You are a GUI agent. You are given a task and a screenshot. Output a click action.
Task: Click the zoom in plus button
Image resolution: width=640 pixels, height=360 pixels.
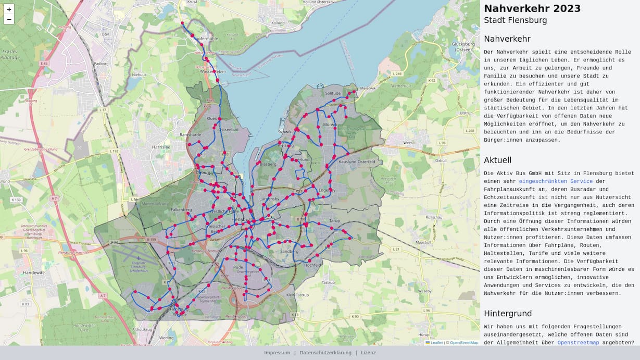(x=9, y=9)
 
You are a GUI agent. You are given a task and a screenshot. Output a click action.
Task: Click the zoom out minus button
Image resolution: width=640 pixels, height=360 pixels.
(x=9, y=20)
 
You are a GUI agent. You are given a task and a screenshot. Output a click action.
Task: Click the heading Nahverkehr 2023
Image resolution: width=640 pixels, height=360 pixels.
(x=532, y=9)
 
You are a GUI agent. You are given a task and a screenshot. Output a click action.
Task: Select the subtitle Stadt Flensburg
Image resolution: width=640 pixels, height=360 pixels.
(x=515, y=20)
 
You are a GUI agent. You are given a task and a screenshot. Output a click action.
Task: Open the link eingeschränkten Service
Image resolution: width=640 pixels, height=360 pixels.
(x=556, y=181)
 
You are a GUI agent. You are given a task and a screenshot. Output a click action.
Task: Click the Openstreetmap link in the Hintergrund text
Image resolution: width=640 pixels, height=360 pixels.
(x=578, y=343)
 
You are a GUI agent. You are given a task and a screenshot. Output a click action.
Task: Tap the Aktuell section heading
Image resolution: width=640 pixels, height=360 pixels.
(x=497, y=160)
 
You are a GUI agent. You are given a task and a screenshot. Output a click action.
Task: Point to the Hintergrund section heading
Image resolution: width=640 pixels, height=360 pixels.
(x=508, y=314)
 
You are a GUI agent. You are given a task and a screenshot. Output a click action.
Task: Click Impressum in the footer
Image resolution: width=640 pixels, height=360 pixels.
(x=277, y=353)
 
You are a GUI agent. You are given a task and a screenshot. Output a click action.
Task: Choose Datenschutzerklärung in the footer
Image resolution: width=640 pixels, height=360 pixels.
(x=325, y=353)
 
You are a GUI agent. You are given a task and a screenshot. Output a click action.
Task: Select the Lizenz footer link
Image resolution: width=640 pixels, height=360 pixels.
(x=368, y=353)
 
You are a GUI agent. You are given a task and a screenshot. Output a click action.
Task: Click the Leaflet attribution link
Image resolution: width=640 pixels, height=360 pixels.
(x=436, y=343)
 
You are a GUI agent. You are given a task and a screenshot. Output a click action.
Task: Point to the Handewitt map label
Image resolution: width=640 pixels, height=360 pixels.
(x=34, y=272)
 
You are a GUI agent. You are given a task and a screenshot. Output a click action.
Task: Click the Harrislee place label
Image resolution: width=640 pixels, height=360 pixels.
(x=160, y=147)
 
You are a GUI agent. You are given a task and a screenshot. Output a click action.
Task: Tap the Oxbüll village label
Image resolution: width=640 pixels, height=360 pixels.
(x=441, y=160)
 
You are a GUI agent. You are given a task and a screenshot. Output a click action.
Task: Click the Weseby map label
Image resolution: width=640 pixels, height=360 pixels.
(x=425, y=291)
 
